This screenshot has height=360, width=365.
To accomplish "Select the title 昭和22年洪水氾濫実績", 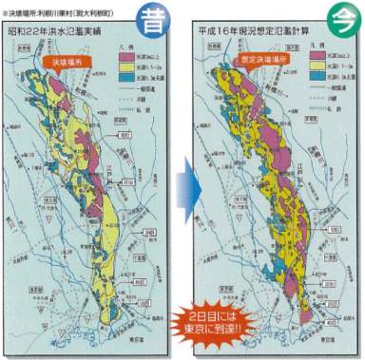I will point(69,43).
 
